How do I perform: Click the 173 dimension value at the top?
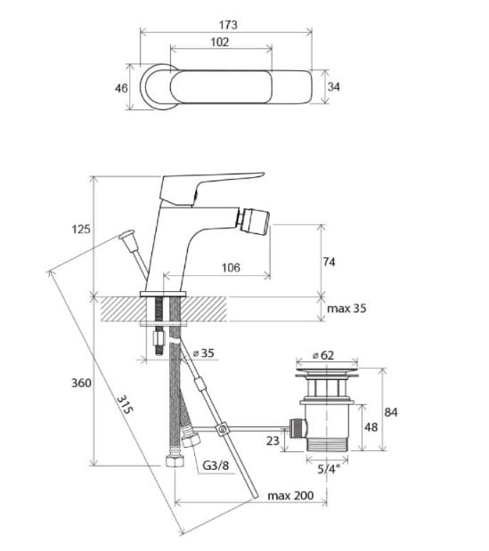point(228,25)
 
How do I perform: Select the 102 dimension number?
point(220,42)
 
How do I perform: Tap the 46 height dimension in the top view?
point(121,88)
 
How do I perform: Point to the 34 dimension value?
point(334,86)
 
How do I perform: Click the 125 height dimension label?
point(81,229)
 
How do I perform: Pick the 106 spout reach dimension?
point(231,268)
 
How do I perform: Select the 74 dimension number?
point(329,262)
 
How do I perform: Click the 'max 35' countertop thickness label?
point(346,309)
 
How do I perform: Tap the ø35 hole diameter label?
point(204,352)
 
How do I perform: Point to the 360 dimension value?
point(82,383)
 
